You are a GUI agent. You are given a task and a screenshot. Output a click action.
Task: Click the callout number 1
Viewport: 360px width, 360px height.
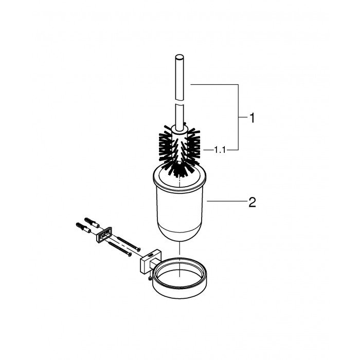[x=252, y=118]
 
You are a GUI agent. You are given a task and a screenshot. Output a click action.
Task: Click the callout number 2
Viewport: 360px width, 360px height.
[x=252, y=202]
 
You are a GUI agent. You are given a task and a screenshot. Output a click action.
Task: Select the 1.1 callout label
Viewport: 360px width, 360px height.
[x=220, y=150]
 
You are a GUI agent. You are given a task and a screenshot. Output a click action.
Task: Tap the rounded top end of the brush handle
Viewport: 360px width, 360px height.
[x=179, y=57]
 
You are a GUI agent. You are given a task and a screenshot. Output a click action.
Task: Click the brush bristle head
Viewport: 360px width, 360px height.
[x=179, y=150]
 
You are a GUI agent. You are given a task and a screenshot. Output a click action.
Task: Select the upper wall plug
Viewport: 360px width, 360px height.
[x=92, y=222]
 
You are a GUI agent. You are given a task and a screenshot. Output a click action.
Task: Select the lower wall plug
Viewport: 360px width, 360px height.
[x=83, y=227]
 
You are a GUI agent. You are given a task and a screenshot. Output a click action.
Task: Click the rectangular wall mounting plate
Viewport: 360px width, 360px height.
[x=104, y=234]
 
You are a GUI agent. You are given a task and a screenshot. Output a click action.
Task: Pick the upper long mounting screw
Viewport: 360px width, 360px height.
[x=129, y=243]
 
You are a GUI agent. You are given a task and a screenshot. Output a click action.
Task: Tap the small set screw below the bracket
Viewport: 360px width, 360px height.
[x=150, y=278]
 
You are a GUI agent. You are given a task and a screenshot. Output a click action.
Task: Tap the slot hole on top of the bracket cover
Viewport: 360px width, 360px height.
[x=151, y=254]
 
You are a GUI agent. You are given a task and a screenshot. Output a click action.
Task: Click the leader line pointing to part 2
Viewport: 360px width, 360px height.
[x=227, y=202]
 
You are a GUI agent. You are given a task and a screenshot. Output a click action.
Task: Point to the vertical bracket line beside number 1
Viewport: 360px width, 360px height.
[x=238, y=117]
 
